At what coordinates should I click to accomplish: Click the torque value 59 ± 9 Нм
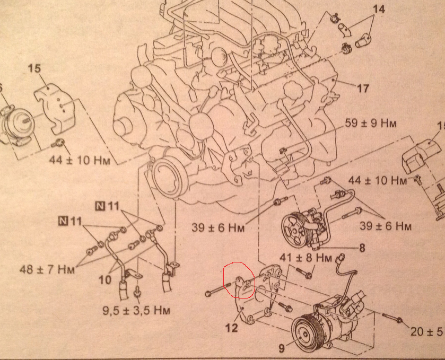click(x=370, y=124)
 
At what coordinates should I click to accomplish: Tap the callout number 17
click(x=363, y=88)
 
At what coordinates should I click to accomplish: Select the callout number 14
click(x=379, y=10)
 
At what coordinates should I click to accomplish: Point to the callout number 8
click(x=362, y=248)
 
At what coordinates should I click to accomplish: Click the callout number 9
click(x=281, y=348)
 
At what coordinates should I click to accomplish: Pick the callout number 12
click(x=231, y=328)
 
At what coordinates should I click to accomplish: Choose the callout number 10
click(x=105, y=280)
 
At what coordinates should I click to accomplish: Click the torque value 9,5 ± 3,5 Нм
click(x=136, y=310)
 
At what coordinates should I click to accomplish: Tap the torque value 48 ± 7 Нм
click(x=47, y=269)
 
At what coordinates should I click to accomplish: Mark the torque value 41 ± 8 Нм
click(x=306, y=258)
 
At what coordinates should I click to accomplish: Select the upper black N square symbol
click(x=100, y=205)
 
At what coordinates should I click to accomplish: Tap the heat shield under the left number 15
click(x=55, y=108)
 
